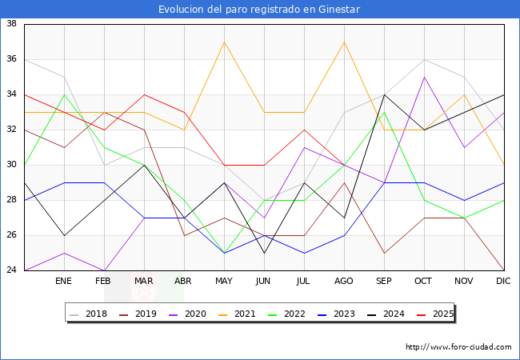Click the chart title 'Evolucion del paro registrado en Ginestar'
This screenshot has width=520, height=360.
click(259, 10)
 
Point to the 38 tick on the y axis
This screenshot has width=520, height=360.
click(12, 24)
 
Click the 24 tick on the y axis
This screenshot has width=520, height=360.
click(12, 270)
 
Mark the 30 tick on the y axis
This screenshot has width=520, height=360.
click(12, 165)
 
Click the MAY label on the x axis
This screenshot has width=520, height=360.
click(224, 282)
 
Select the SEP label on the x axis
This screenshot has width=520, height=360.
click(384, 282)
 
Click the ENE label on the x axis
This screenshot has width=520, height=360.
click(64, 282)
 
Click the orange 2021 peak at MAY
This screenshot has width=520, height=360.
click(224, 42)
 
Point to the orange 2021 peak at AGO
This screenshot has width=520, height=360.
click(344, 42)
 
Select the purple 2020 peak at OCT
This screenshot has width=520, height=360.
click(424, 77)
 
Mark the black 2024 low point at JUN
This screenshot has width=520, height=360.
click(264, 253)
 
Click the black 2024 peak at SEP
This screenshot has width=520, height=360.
click(384, 94)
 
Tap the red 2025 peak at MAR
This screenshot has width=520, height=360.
click(144, 94)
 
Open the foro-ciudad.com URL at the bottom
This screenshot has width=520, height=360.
click(458, 347)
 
